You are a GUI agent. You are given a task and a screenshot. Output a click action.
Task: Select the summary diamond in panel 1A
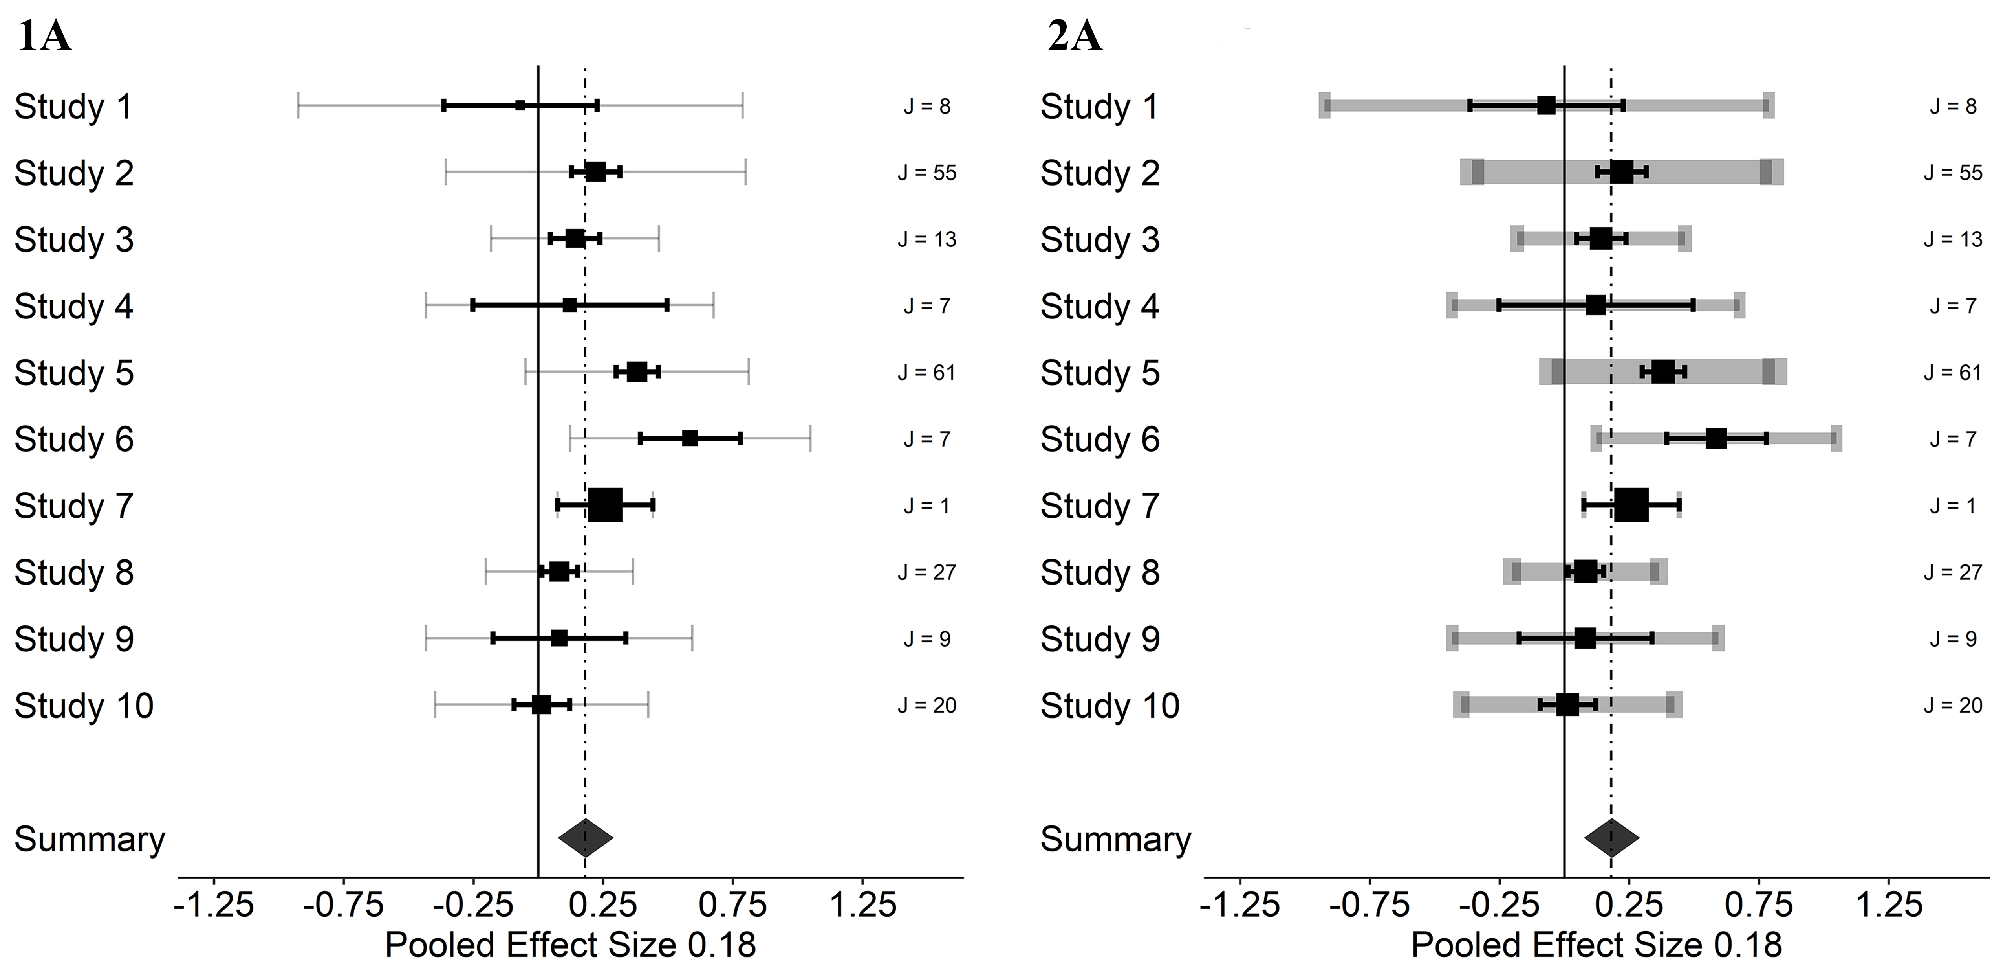[586, 838]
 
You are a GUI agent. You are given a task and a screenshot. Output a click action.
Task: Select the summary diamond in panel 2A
[1612, 838]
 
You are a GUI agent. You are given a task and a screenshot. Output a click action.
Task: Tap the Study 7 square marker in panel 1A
[605, 505]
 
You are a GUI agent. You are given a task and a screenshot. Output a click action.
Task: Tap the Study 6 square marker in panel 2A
[1716, 438]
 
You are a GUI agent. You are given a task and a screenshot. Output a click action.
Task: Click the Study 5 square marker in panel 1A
[637, 372]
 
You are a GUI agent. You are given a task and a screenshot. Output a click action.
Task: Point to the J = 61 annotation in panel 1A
[927, 373]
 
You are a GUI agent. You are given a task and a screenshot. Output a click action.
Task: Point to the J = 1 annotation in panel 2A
[1953, 506]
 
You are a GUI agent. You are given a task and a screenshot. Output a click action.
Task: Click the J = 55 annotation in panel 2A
[1953, 173]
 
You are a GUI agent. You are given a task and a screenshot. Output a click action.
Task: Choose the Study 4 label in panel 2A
[1100, 306]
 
